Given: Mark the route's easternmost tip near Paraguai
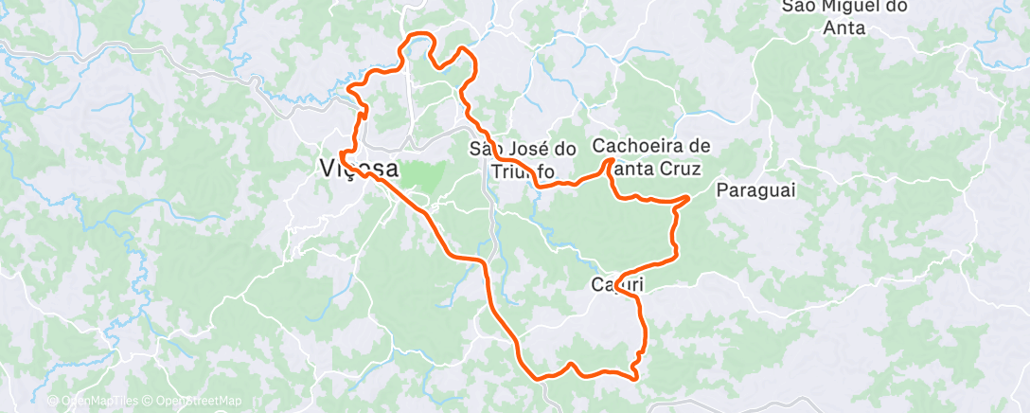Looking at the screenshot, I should pyautogui.click(x=688, y=197).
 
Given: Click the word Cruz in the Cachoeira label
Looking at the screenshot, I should pyautogui.click(x=681, y=171).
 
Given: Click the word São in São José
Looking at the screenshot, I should pyautogui.click(x=489, y=149).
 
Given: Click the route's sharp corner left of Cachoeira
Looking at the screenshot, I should pyautogui.click(x=609, y=162).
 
